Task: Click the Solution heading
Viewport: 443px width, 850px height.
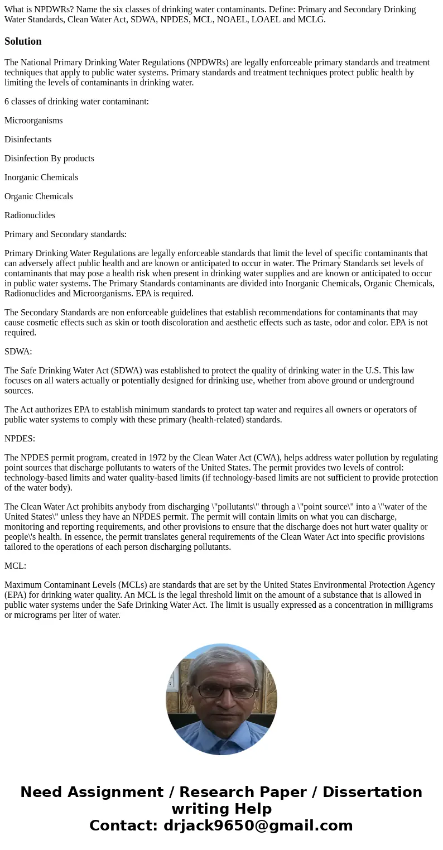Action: tap(23, 41)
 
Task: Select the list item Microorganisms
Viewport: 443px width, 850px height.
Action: tap(33, 121)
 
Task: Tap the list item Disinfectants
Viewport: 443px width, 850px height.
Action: tap(28, 140)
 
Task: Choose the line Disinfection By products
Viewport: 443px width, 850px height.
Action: tap(49, 159)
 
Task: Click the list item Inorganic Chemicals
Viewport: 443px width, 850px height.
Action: tap(41, 177)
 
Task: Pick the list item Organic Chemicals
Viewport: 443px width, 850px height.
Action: tap(38, 196)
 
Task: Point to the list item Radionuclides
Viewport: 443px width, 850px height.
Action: tap(30, 215)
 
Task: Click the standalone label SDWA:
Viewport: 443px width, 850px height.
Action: tap(18, 352)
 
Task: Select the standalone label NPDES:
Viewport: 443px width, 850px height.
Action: tap(20, 439)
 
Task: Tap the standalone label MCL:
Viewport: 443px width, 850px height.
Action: tap(16, 566)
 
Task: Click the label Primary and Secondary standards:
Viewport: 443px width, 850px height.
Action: tap(65, 234)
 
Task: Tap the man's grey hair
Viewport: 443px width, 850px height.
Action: tap(222, 659)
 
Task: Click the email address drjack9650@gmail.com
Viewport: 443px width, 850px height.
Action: tap(258, 825)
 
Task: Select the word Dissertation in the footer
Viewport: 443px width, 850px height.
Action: tap(372, 792)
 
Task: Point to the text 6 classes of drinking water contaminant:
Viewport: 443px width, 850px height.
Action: tap(76, 102)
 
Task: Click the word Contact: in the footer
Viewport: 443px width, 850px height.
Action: tap(123, 825)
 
